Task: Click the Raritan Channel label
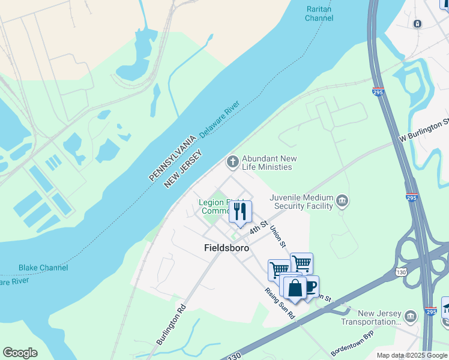(319, 14)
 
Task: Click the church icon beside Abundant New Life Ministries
(232, 161)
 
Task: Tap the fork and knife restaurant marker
(240, 212)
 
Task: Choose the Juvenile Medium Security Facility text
(301, 202)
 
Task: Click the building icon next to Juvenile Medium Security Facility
(342, 200)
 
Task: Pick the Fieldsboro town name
(226, 247)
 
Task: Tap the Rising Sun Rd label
(280, 303)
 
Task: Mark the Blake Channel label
(43, 268)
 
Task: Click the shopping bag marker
(295, 288)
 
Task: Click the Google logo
(20, 353)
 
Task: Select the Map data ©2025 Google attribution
(411, 355)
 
